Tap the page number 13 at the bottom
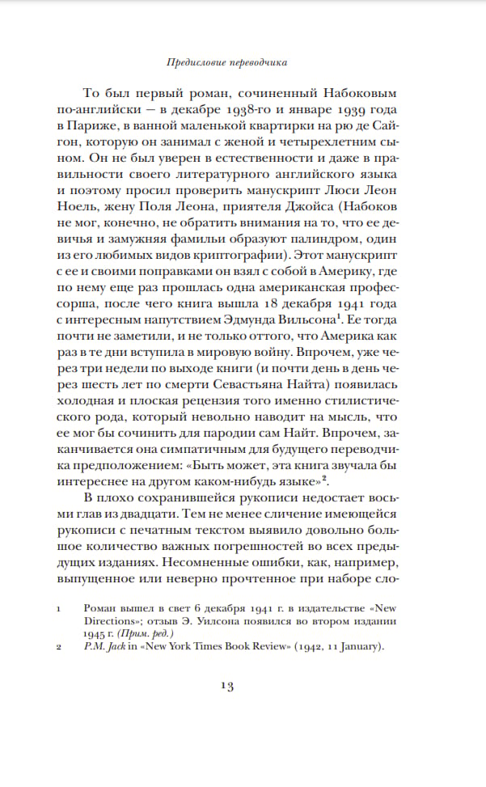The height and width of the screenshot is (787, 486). (226, 686)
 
